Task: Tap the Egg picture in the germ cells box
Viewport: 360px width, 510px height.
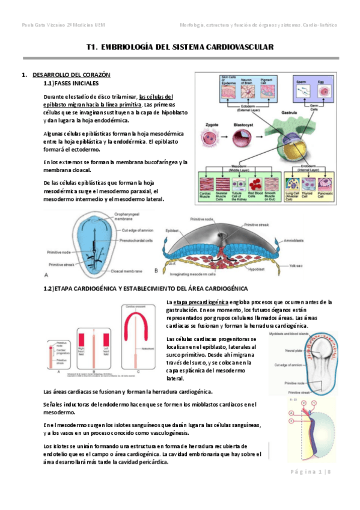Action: pos(325,89)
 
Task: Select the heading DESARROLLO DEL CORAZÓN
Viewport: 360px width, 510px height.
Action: pos(71,75)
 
